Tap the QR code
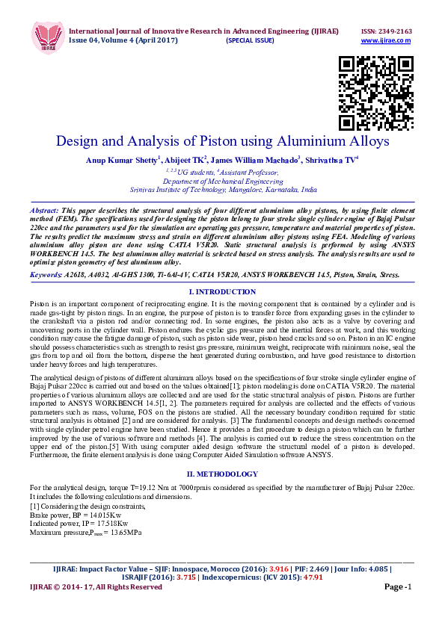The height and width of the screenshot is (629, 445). (x=376, y=94)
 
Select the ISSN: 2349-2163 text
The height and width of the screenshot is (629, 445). (x=387, y=31)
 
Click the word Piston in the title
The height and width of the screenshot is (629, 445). (x=218, y=141)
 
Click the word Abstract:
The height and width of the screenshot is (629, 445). (x=44, y=211)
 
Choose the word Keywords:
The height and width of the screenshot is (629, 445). (x=46, y=275)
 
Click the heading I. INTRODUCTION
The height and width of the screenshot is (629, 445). (x=222, y=291)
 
